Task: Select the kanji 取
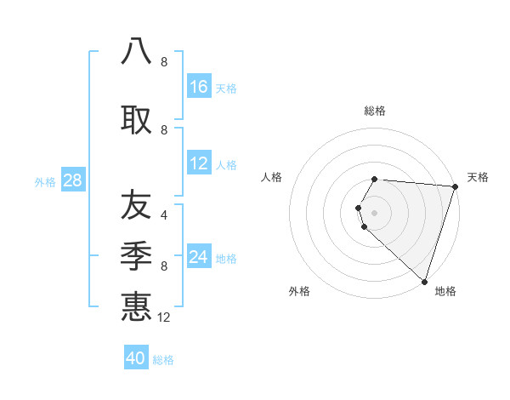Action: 136,119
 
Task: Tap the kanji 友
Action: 136,205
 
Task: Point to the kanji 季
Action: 136,254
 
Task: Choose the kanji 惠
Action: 136,306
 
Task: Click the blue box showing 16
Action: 199,87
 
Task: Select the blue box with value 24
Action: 199,257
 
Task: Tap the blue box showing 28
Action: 72,180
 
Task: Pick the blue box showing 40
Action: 136,358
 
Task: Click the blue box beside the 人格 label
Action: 199,163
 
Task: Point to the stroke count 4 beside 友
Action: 164,214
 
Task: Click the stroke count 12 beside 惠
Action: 165,317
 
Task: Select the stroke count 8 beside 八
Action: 164,62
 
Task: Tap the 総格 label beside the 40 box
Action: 163,360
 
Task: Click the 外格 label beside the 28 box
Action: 45,182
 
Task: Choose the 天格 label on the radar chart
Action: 478,177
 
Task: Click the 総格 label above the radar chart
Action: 375,111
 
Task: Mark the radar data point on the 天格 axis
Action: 455,186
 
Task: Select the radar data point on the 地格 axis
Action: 424,281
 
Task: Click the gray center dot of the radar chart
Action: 375,212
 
